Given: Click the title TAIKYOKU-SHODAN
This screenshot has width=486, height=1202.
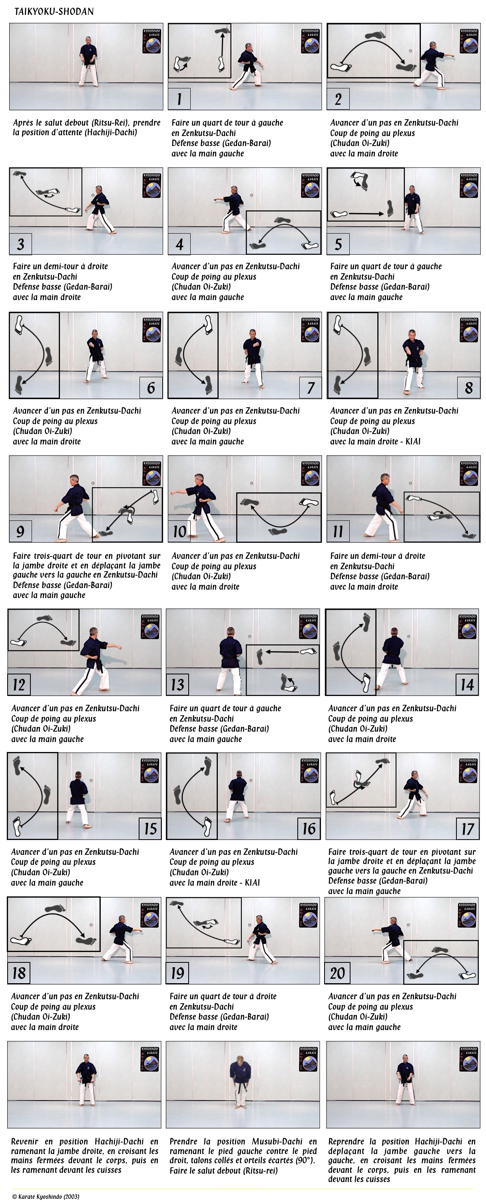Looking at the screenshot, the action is coord(54,11).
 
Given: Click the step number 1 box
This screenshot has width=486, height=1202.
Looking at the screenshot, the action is coord(179,98).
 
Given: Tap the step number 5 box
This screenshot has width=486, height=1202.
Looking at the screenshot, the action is coord(338,244).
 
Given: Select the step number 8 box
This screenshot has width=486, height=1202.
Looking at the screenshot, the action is coord(468,387).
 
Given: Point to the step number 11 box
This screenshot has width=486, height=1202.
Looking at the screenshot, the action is coord(338,531).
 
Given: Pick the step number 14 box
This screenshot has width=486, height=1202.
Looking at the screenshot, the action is coord(467,684).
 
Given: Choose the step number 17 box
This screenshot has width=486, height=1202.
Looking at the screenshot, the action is coord(467,829).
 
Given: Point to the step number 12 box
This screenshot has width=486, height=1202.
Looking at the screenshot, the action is coord(19,684).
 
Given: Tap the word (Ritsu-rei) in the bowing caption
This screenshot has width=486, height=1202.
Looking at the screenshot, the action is coord(241,1171).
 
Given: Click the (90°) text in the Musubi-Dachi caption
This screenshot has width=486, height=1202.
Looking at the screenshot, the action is coord(305,1160).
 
